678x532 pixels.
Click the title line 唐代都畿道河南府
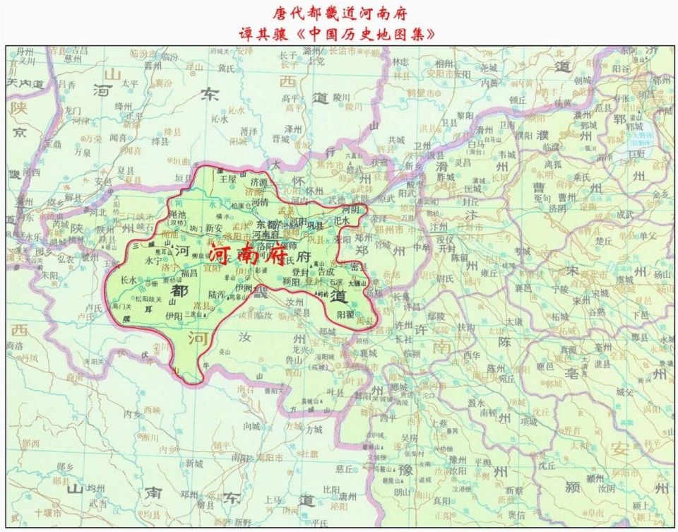click(340, 13)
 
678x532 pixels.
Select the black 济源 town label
click(259, 182)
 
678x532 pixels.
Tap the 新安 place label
click(215, 228)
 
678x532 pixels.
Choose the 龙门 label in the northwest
click(73, 111)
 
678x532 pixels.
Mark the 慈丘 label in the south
click(345, 468)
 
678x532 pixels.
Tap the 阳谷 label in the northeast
click(621, 69)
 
